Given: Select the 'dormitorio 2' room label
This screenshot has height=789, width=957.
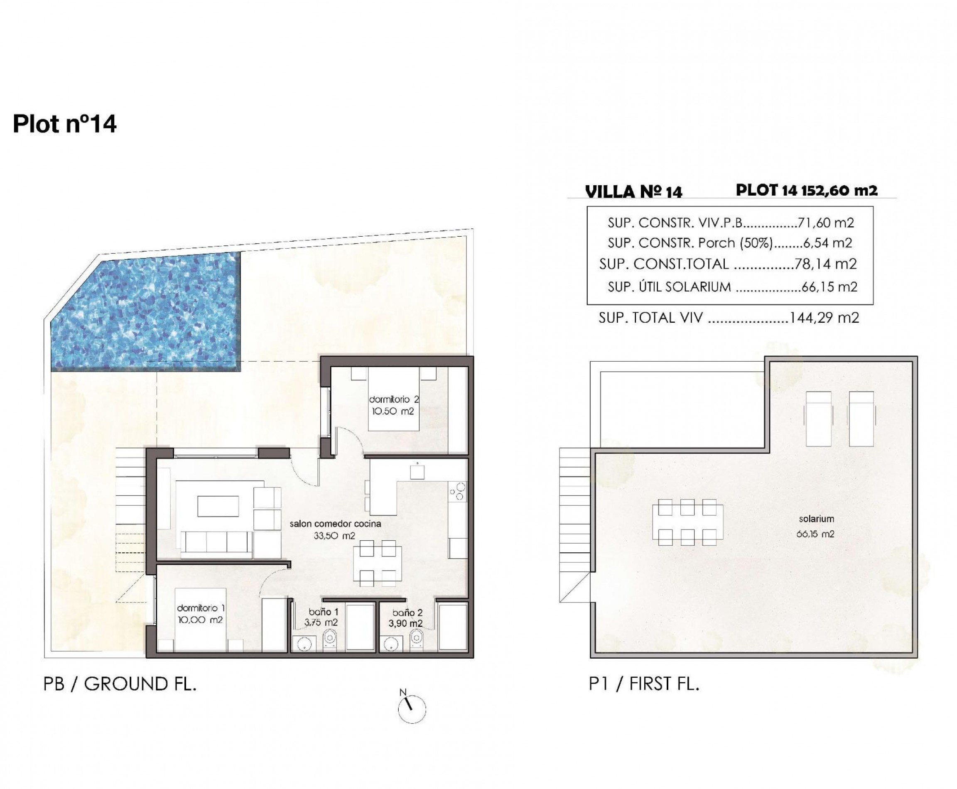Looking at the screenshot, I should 394,399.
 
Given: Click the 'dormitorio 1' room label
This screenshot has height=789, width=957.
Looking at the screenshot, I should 201,608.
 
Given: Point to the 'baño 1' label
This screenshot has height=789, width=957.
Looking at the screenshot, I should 323,612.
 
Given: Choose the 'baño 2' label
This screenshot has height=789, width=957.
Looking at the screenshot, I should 407,612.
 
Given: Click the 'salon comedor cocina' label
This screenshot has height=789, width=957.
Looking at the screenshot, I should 335,524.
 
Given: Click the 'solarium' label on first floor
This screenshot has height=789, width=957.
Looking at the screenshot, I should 817,519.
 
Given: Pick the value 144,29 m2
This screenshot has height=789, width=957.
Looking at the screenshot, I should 824,317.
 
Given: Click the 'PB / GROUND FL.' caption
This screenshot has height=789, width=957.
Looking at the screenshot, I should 120,684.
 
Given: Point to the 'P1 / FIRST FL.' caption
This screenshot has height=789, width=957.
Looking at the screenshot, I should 644,684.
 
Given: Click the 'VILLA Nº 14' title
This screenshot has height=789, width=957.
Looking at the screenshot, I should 634,192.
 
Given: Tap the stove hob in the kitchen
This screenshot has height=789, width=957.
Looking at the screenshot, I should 458,491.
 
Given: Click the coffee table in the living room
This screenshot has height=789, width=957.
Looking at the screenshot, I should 218,506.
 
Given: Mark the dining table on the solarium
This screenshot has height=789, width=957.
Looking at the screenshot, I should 687,522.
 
